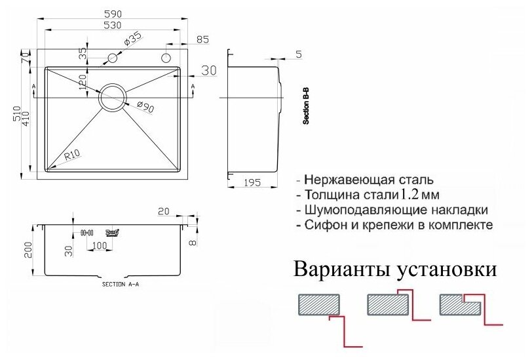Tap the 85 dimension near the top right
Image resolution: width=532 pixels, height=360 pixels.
tap(202, 40)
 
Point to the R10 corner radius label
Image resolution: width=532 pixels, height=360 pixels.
tap(72, 156)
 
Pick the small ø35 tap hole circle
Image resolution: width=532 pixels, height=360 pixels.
tap(112, 58)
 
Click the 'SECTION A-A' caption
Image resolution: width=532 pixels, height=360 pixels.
tap(121, 285)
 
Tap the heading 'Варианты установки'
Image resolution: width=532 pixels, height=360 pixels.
tap(396, 270)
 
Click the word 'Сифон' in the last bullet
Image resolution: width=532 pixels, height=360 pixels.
tap(324, 225)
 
